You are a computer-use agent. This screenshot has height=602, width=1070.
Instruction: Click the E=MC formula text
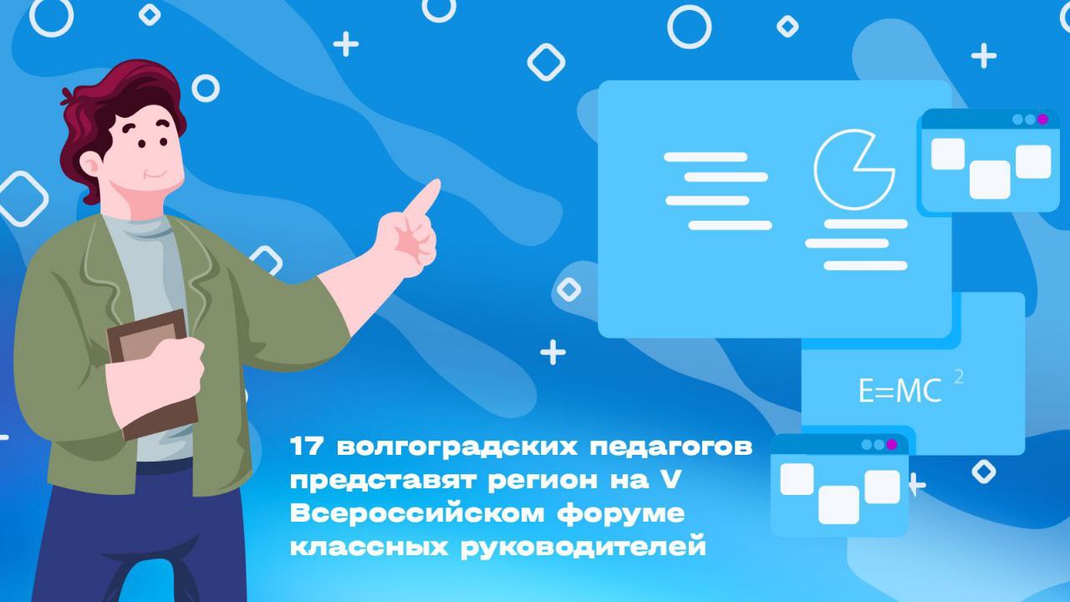pyautogui.click(x=900, y=390)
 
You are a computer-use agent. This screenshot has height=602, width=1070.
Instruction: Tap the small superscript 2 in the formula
pyautogui.click(x=958, y=377)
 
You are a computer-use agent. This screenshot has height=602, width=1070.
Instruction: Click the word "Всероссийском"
pyautogui.click(x=417, y=513)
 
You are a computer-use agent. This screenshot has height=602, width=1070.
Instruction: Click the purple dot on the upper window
pyautogui.click(x=1042, y=119)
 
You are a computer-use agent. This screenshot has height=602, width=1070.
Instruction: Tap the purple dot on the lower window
pyautogui.click(x=891, y=445)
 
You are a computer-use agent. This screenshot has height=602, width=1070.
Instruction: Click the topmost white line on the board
pyautogui.click(x=706, y=156)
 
